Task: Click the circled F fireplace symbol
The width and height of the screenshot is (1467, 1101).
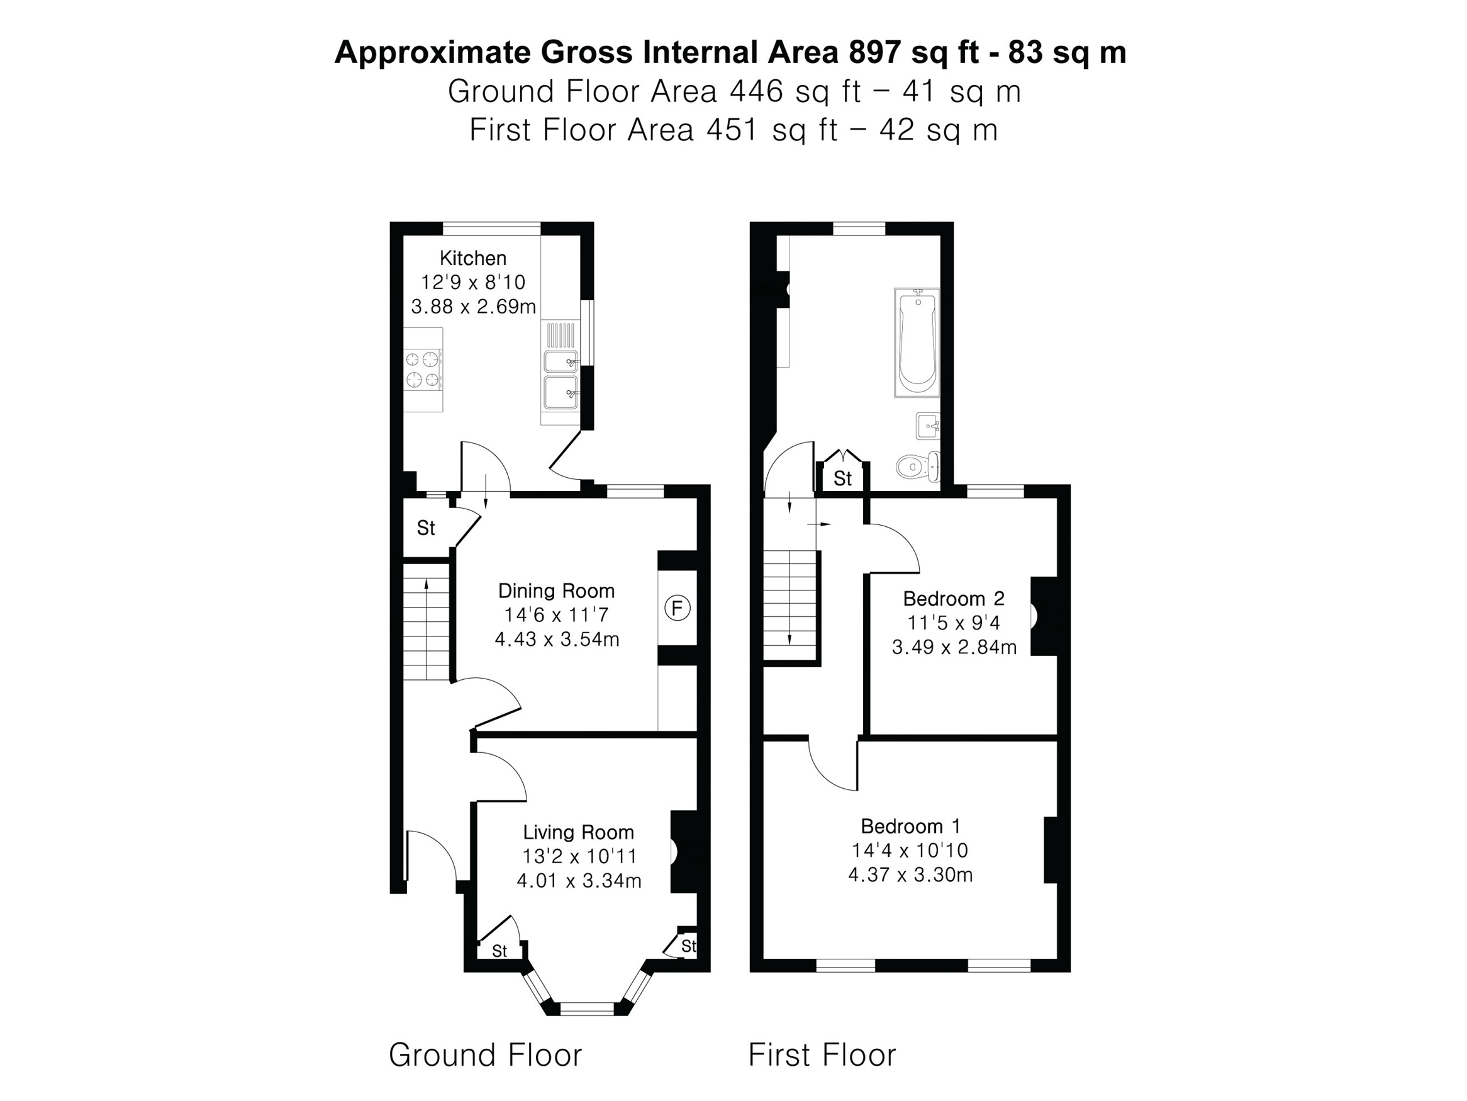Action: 677,608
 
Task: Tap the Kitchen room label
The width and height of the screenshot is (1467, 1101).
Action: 473,258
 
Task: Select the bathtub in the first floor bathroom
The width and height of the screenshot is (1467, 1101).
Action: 917,342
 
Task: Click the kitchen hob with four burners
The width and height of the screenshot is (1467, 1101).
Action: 423,370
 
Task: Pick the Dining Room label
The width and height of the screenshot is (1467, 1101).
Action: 557,590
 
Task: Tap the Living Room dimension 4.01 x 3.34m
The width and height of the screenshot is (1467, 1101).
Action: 579,881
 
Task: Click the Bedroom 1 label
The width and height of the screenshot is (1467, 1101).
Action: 910,827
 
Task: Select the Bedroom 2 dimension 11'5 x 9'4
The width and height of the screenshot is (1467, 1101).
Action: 954,623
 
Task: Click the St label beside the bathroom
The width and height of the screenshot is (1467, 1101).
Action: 842,478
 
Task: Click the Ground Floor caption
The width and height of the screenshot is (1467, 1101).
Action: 485,1054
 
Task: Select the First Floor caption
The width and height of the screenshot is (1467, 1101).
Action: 822,1054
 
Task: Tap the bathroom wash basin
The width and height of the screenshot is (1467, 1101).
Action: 929,426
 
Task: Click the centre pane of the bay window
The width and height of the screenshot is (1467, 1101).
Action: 587,1010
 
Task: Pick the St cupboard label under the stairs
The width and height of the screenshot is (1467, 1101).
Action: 426,528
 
